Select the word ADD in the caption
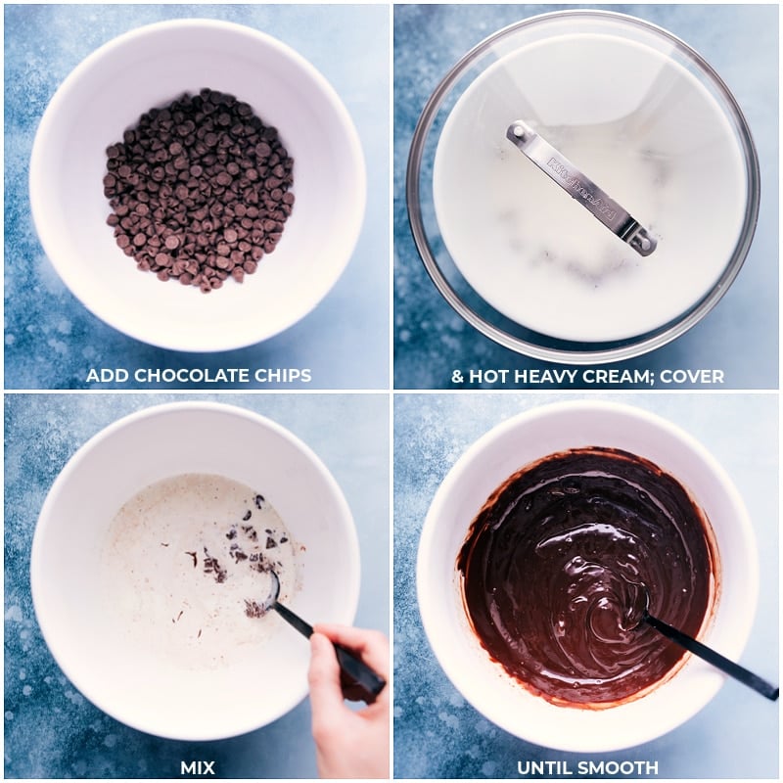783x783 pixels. (x=108, y=376)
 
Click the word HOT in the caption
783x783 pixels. (x=489, y=376)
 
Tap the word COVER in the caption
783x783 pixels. (x=692, y=376)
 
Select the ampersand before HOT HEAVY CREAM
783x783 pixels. (x=457, y=376)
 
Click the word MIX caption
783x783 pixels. (x=198, y=767)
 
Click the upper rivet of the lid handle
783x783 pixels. (x=519, y=131)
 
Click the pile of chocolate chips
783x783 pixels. (x=199, y=190)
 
